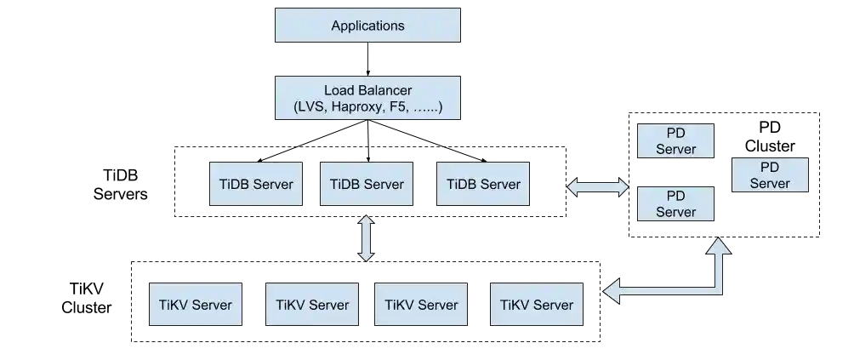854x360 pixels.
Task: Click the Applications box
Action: coord(367,26)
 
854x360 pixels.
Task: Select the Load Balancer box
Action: coord(367,99)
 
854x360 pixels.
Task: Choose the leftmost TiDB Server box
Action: coord(256,183)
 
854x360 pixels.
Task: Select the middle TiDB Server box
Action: coord(367,183)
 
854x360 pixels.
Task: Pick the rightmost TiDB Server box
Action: coord(482,183)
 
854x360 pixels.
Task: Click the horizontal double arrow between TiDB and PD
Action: coord(597,187)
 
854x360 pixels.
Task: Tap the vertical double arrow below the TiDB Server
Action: coord(367,238)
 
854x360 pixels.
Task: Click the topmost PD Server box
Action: coord(675,141)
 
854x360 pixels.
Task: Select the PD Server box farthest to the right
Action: coord(770,175)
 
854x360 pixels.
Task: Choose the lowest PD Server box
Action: coord(675,204)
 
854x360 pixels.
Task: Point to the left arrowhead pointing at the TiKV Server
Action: coord(611,291)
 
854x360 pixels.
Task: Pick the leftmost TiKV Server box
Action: coord(196,304)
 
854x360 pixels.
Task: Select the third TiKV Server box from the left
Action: coord(421,304)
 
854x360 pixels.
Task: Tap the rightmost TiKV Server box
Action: coord(537,304)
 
